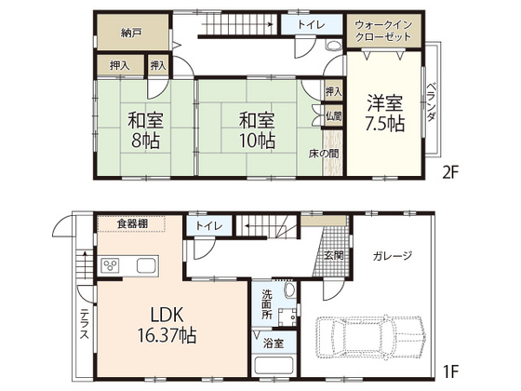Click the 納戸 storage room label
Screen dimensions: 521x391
coord(131,33)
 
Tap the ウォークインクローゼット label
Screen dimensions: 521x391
coord(383,30)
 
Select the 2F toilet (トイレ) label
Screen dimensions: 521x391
coord(311,24)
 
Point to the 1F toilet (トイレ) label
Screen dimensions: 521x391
coord(208,226)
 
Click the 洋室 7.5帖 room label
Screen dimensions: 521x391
coord(385,114)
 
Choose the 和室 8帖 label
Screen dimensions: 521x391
coord(145,130)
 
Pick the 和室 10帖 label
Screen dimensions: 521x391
coord(257,130)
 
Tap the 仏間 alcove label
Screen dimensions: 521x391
coord(333,116)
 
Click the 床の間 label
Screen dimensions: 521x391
coord(324,154)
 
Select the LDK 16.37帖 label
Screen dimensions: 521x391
coord(167,325)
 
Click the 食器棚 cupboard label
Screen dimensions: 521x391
coord(132,223)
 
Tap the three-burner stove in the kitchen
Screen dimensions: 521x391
coord(111,265)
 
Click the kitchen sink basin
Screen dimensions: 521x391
coord(148,265)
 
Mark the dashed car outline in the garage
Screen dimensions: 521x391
coord(370,336)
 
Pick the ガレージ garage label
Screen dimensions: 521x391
coord(393,256)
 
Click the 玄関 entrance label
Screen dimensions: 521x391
coord(334,256)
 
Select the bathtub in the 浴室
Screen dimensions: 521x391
coord(274,366)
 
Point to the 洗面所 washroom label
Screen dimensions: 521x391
coord(267,304)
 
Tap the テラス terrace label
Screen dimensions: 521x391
coord(85,324)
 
